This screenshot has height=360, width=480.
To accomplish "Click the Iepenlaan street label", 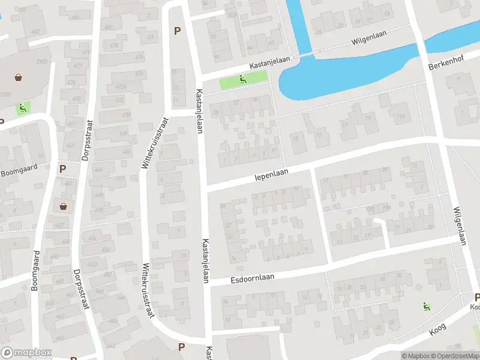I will (272, 173).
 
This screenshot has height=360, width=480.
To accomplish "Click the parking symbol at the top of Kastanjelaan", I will (177, 31).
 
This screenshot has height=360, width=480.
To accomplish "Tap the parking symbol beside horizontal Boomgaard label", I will (62, 169).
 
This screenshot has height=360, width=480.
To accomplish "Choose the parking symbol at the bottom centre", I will (181, 347).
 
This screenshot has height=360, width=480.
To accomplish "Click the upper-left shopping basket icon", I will (19, 77).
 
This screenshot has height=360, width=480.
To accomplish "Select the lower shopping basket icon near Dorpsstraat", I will (63, 206).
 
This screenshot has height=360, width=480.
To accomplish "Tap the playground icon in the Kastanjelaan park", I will (242, 79).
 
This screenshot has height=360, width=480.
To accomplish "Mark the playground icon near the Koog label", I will (427, 306).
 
